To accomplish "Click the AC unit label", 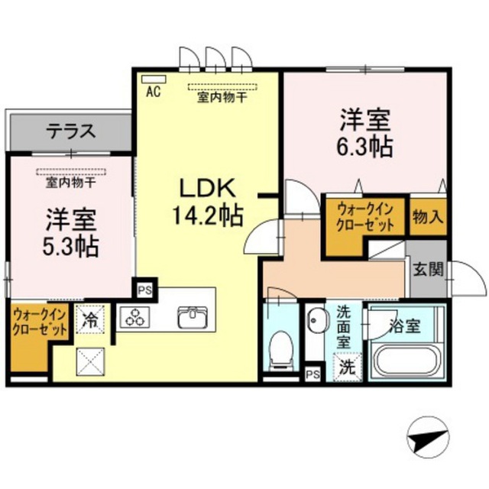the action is click(154, 92).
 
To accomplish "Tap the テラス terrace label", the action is click(71, 131).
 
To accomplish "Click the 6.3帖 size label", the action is click(364, 147).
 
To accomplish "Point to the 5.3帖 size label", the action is click(70, 246).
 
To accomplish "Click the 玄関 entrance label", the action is click(428, 269).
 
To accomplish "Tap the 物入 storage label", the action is click(428, 217).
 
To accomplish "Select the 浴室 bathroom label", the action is click(405, 326).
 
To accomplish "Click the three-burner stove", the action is click(135, 318).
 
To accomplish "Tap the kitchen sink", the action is click(193, 317).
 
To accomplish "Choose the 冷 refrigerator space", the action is click(90, 319).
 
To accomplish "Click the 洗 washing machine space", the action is click(348, 368).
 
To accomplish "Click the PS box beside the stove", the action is click(144, 290).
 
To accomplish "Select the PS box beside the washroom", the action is click(313, 374).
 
